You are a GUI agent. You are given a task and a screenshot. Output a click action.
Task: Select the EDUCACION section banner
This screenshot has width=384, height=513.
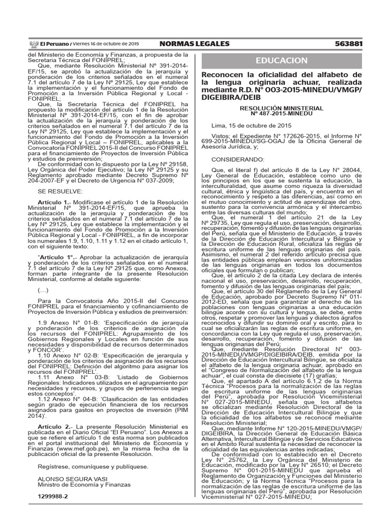[x=281, y=61]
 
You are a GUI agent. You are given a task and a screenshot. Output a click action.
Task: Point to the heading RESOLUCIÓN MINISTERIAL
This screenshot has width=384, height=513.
[x=281, y=108]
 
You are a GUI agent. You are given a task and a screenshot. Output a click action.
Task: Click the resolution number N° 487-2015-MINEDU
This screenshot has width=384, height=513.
[x=281, y=114]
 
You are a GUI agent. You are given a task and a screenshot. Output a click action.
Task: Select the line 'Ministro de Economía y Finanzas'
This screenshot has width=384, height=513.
[x=82, y=485]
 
